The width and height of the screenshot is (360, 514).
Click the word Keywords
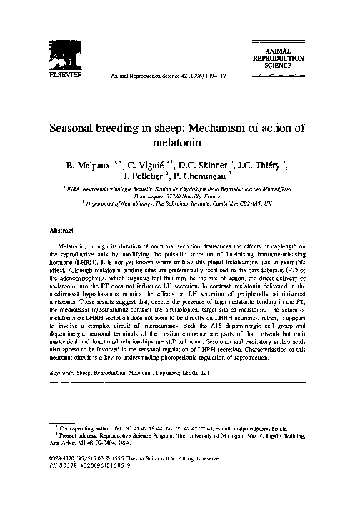(64, 373)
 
